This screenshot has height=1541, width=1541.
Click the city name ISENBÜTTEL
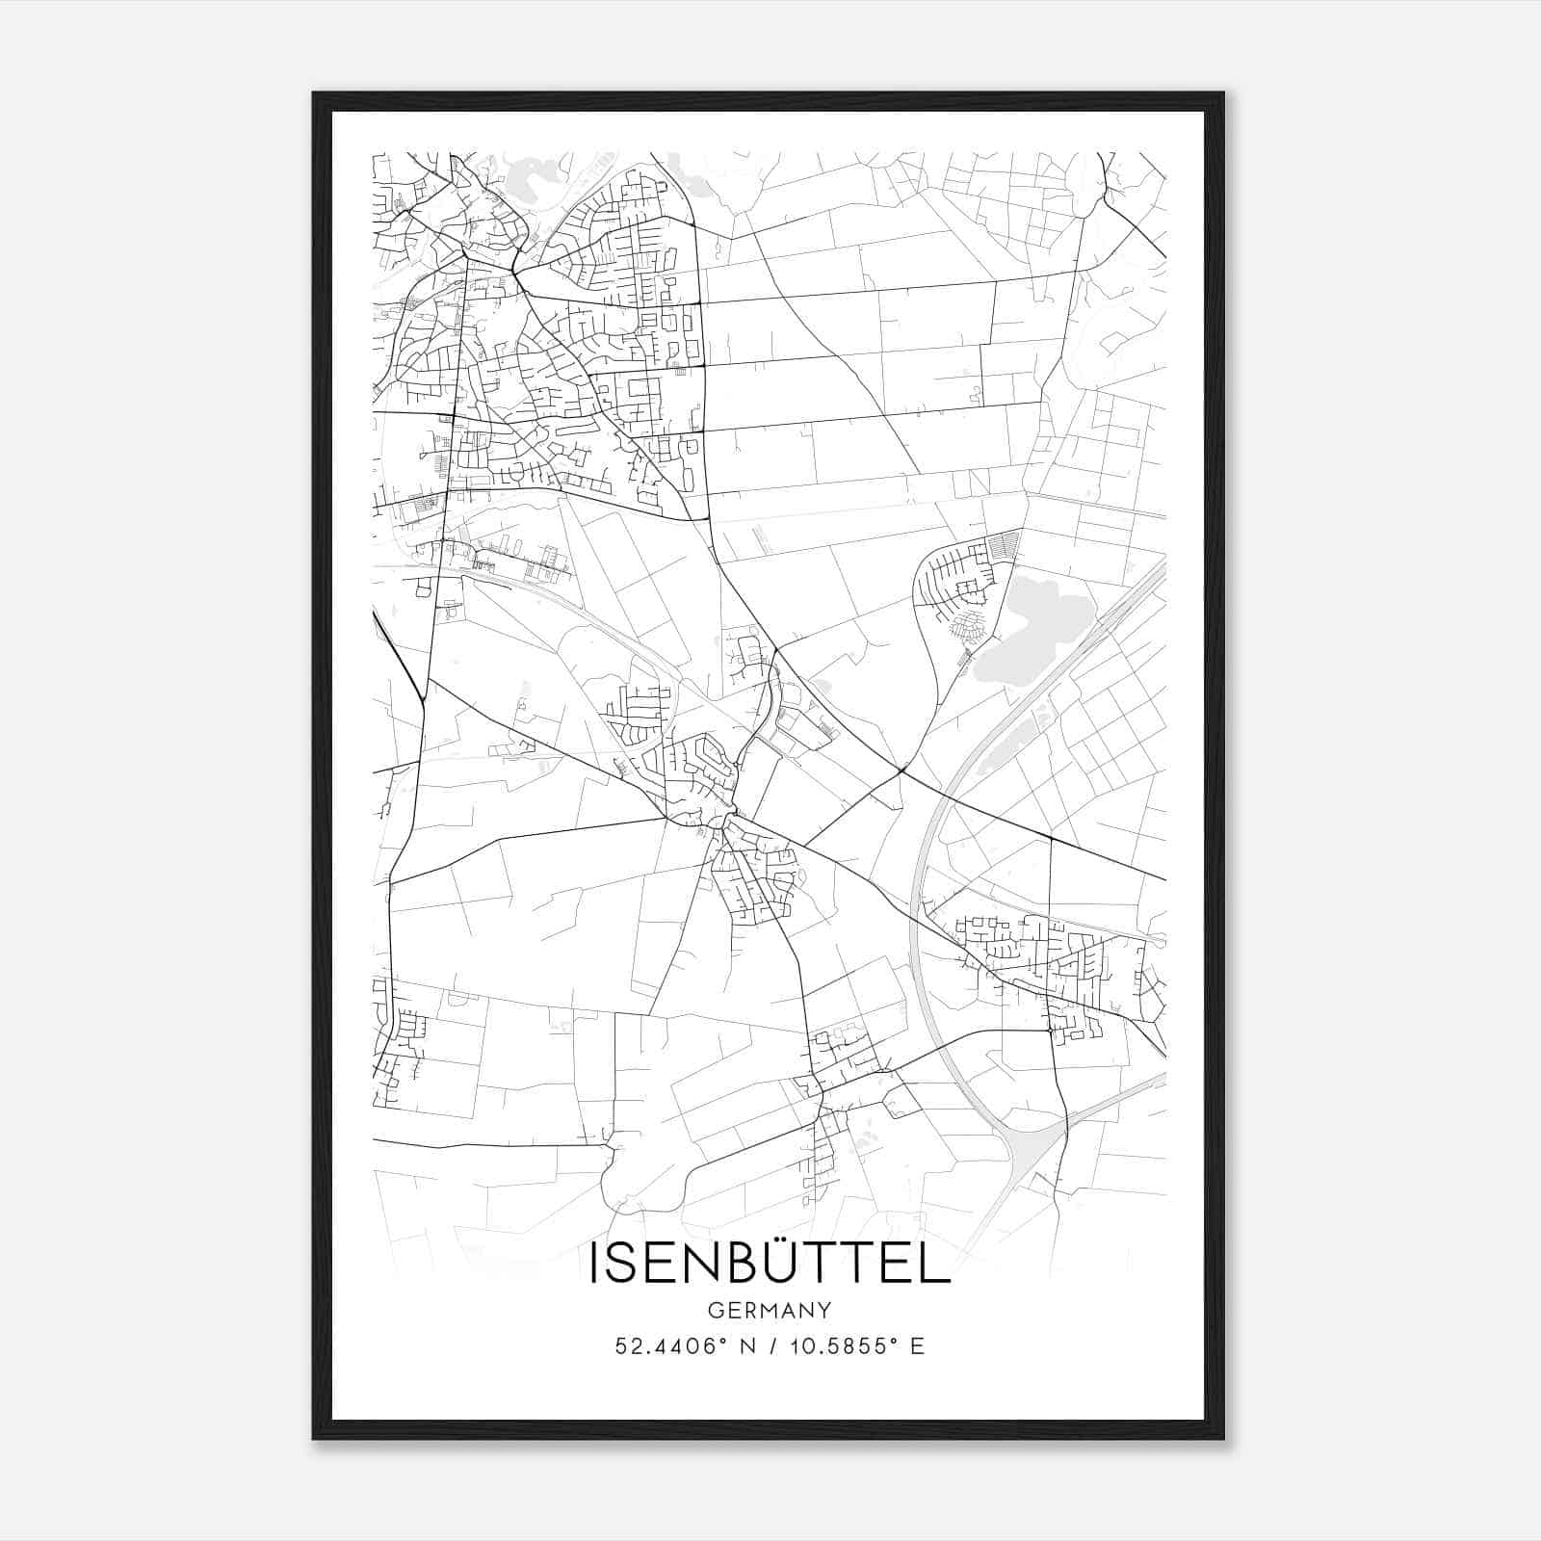coord(770,1264)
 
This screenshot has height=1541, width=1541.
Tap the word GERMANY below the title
coord(770,1310)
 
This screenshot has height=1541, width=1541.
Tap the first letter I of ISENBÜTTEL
coord(594,1265)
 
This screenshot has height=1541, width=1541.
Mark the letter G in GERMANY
coord(715,1310)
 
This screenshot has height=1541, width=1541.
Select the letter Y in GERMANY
coord(824,1310)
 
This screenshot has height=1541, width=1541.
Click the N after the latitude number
coord(744,1346)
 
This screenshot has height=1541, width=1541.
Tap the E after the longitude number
coord(917,1346)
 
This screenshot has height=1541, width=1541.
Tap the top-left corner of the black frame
coord(314,94)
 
